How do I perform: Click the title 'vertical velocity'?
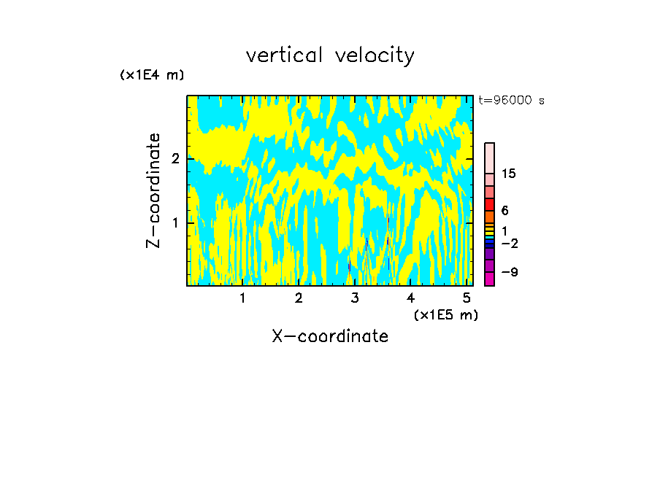click(330, 55)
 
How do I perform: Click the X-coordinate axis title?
click(330, 336)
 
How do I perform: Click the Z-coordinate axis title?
click(153, 190)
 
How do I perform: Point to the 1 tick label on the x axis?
click(243, 298)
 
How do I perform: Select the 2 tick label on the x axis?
click(299, 298)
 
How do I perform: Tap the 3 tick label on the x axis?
click(355, 298)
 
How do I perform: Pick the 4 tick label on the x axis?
click(410, 298)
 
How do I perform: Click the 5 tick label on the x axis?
click(467, 298)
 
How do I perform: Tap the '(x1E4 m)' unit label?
click(152, 75)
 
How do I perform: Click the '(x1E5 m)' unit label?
click(445, 314)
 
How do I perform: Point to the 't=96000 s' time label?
click(511, 101)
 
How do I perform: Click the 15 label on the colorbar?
click(509, 174)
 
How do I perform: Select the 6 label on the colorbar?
click(504, 211)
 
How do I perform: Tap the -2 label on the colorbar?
click(509, 244)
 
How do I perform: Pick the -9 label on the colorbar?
click(509, 272)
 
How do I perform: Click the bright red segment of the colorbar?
click(490, 204)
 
